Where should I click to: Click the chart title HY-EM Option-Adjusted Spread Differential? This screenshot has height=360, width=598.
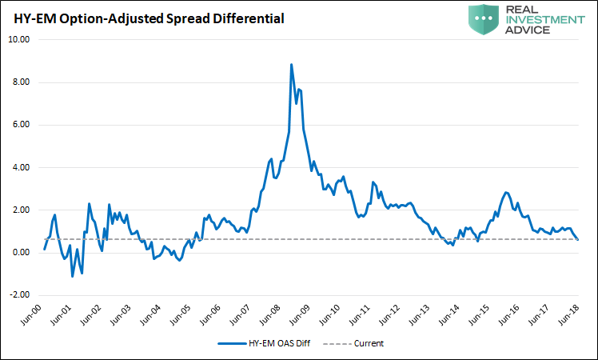pos(144,17)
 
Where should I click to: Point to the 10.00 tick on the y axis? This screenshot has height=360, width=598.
pos(19,40)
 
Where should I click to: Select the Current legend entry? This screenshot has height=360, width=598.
pos(366,344)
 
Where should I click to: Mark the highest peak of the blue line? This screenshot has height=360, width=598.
pos(291,65)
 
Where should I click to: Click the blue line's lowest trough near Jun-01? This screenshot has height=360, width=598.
pos(73,276)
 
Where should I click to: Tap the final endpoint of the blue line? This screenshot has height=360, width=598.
pos(579,238)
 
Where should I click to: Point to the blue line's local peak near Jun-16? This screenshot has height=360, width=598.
pos(506,193)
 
